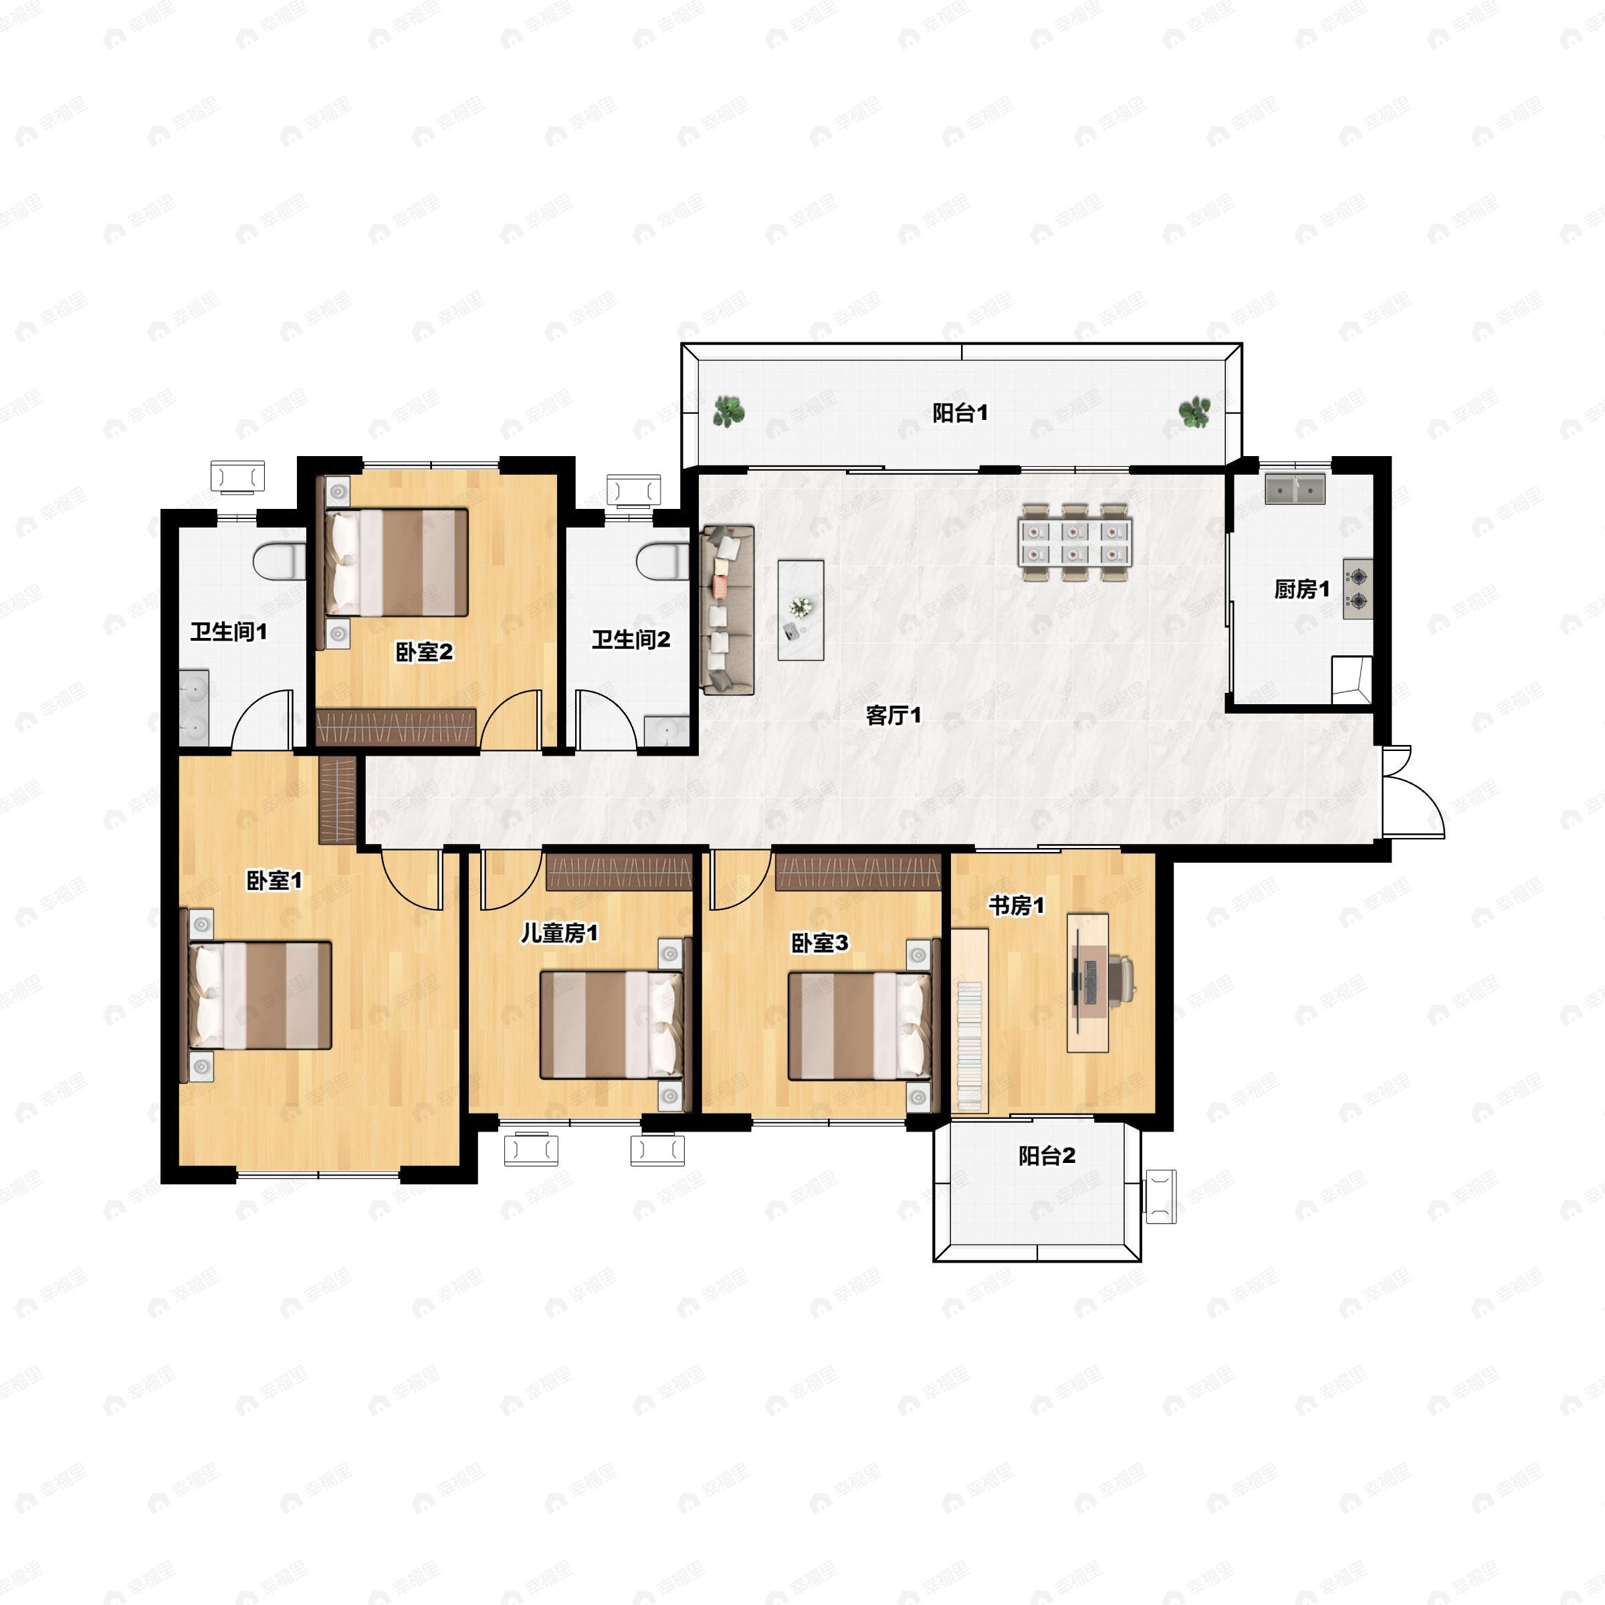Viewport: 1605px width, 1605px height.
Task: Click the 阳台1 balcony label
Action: point(960,413)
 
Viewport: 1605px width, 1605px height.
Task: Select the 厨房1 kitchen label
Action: point(1302,590)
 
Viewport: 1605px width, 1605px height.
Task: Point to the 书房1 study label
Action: point(1016,905)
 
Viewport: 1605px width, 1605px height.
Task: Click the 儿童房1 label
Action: point(559,934)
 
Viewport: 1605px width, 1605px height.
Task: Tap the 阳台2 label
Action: point(1047,1156)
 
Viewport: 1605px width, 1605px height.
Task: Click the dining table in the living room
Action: point(1075,542)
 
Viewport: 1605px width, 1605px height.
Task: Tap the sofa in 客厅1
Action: point(727,609)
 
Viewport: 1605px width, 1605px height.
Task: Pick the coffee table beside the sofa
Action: point(801,610)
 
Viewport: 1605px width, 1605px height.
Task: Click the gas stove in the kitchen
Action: point(1358,589)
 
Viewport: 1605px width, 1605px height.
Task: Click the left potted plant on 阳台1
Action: point(728,411)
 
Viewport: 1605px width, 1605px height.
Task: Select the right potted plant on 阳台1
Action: point(1194,411)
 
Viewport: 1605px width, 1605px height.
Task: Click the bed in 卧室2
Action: point(397,562)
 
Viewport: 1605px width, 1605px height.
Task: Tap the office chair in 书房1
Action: point(1121,980)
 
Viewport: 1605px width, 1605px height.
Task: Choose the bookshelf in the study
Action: point(970,1019)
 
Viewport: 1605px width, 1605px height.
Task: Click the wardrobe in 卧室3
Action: point(858,872)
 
